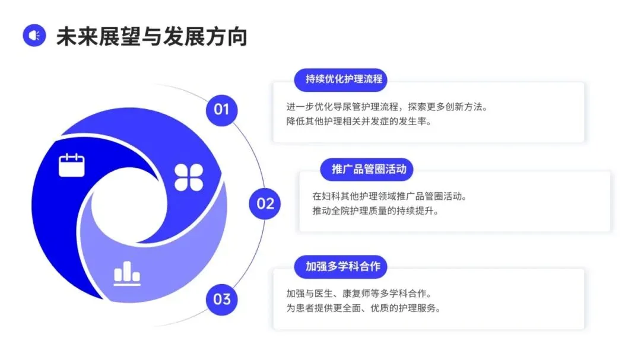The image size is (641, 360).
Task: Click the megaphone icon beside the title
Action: coord(34,36)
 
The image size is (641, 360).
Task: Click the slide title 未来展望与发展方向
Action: coord(151,36)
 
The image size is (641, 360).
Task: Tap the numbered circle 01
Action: coord(221,110)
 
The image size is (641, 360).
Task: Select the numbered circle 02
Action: coord(265,203)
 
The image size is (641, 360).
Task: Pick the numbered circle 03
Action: coord(221,298)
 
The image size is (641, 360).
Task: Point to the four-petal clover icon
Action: coord(189,177)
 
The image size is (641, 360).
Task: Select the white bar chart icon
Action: coord(127,273)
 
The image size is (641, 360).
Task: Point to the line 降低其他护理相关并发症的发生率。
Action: coord(357,122)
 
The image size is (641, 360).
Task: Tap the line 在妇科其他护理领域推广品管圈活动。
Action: coord(389,196)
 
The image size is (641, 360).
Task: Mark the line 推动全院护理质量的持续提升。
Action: coord(375,211)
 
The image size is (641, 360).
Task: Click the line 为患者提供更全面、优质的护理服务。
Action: coord(363,308)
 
